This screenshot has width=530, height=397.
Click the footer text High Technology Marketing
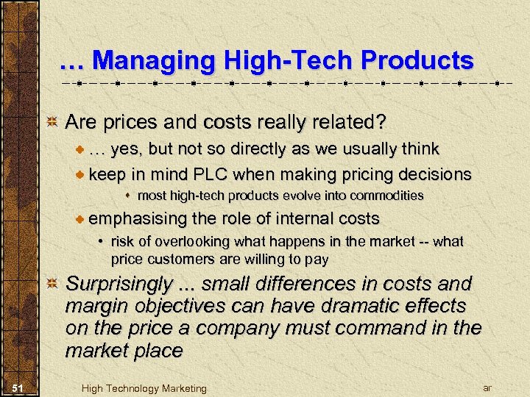pyautogui.click(x=144, y=388)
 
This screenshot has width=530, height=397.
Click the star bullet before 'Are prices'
pyautogui.click(x=52, y=121)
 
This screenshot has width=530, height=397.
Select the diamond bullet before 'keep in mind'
pyautogui.click(x=80, y=175)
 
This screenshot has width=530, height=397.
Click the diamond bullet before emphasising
pyautogui.click(x=80, y=218)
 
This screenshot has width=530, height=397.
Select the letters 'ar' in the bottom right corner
pyautogui.click(x=487, y=387)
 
